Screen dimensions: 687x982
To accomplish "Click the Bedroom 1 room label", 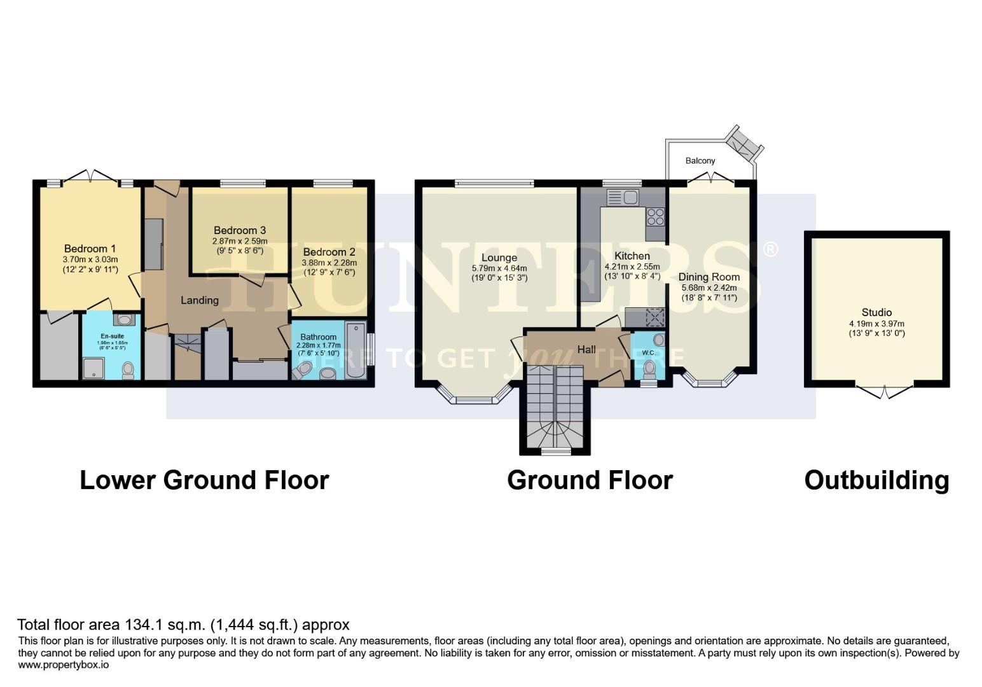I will tap(90, 248).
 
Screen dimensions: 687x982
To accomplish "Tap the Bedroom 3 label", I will tap(240, 230).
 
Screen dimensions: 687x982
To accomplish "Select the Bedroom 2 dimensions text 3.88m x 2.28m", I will tap(329, 262).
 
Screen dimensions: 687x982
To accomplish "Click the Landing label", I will tap(199, 300).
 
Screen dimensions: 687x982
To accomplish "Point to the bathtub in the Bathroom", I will tap(356, 350).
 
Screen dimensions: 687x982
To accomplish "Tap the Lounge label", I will tap(499, 258).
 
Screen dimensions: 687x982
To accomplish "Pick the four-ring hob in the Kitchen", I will tap(656, 217).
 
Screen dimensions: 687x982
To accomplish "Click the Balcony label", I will tap(700, 161).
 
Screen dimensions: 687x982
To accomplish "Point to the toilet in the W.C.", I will tap(649, 368).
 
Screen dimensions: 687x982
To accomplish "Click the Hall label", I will tap(586, 349).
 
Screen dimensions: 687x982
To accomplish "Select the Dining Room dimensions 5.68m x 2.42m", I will tap(709, 288).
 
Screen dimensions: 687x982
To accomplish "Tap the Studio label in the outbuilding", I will tap(876, 312).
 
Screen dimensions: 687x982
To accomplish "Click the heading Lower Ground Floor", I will tap(204, 480).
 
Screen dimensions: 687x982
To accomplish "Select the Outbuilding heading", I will tap(876, 480).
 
